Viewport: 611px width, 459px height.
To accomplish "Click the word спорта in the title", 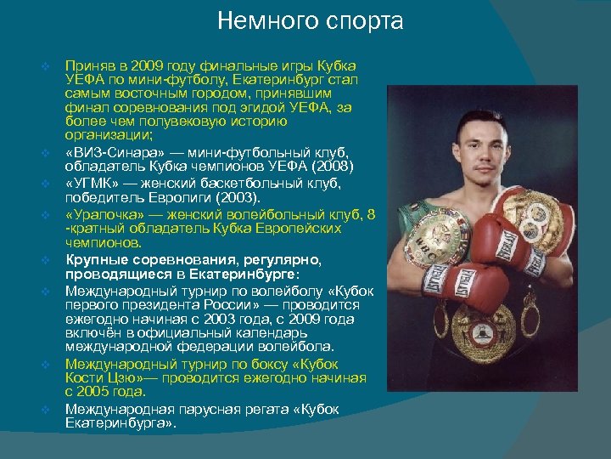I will pyautogui.click(x=360, y=20).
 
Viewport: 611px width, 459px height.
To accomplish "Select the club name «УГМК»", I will pyautogui.click(x=92, y=183).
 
